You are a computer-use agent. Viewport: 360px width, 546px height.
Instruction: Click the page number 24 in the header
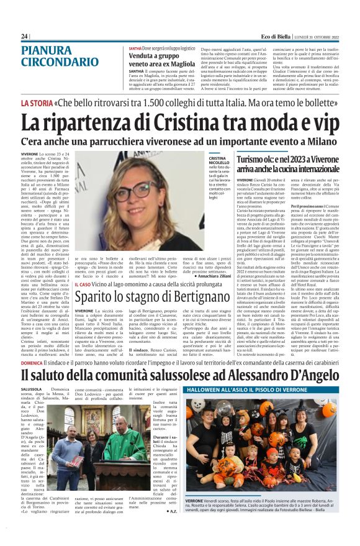click(x=25, y=37)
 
